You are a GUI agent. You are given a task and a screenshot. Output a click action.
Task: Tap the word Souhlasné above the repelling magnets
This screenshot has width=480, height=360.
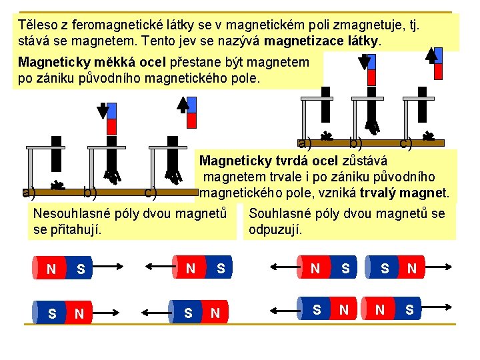pos(280,213)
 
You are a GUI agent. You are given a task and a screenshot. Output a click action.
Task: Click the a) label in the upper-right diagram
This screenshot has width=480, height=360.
pos(305,143)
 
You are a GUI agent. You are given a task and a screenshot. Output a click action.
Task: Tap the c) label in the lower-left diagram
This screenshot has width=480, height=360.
pos(151,193)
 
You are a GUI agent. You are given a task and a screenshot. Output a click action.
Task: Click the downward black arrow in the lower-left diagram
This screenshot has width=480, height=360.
pos(103,110)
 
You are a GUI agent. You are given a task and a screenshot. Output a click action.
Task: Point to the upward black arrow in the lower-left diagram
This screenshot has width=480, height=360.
pos(184,105)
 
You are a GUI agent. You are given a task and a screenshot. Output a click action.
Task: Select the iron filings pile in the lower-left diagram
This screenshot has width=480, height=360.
pos(59,185)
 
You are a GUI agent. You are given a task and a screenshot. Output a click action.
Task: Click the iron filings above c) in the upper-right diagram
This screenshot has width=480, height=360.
pos(429,136)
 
